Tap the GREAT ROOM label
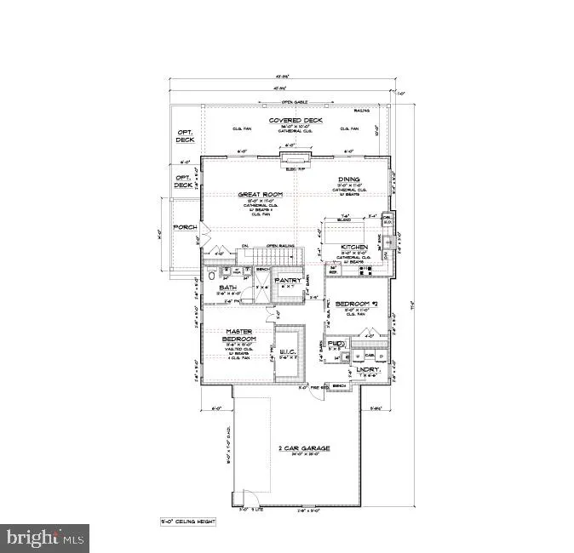261,194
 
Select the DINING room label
348,180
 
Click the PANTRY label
289,280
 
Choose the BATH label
227,288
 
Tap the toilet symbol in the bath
210,276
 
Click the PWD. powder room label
335,343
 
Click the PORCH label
186,227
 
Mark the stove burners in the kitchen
367,270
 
